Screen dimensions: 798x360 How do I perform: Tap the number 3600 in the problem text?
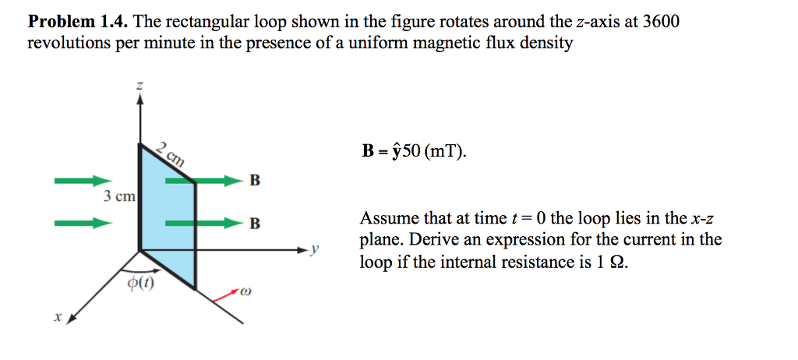(x=661, y=22)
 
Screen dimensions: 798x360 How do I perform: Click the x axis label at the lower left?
(x=57, y=318)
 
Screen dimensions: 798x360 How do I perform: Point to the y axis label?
(x=316, y=250)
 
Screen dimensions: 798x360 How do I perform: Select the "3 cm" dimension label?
(x=119, y=196)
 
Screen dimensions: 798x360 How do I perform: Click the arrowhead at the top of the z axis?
(x=139, y=104)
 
